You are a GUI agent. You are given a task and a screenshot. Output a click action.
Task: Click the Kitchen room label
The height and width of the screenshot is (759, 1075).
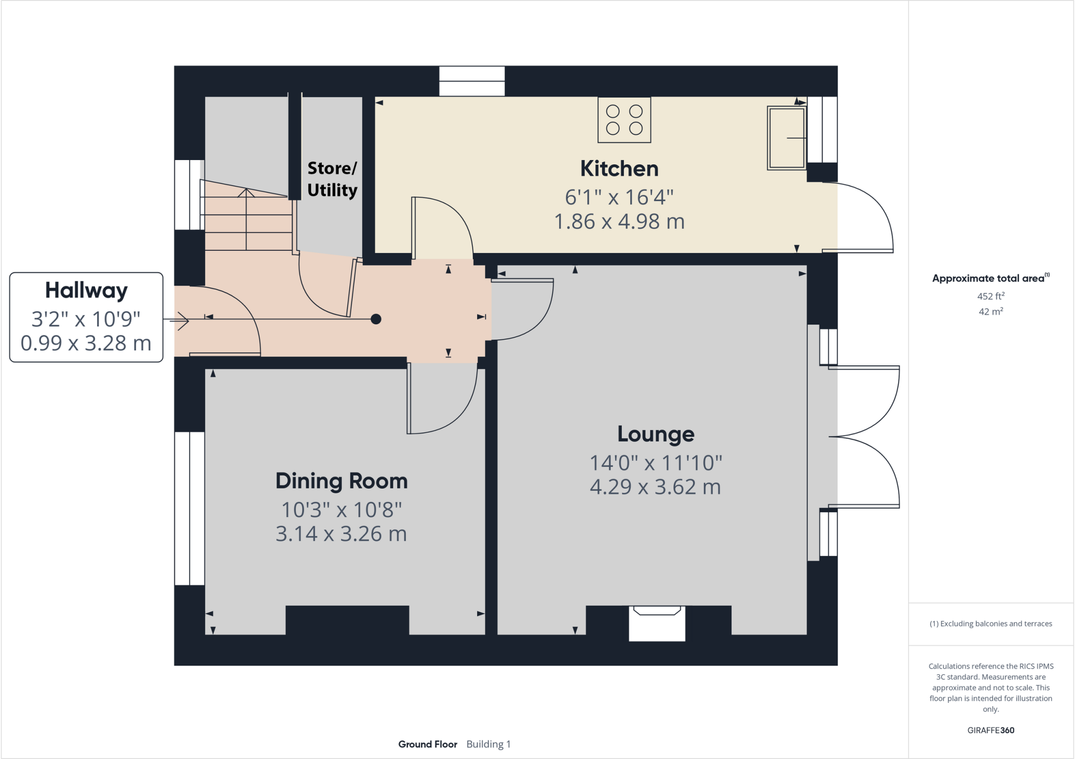point(619,169)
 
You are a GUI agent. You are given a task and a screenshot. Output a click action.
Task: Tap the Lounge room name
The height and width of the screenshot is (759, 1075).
point(656,434)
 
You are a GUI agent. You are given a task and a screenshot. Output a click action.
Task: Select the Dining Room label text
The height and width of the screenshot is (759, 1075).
point(341,481)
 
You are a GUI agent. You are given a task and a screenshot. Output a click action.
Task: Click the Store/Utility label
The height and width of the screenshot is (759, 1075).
point(332,179)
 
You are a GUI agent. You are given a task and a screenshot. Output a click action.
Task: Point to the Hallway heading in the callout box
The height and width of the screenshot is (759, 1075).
point(86,290)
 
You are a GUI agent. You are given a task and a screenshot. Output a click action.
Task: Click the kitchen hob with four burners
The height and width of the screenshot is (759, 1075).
point(624,120)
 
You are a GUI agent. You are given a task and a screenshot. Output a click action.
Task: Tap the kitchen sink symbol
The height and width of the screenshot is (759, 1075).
point(786,138)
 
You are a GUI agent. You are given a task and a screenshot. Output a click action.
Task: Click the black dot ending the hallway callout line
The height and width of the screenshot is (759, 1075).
point(376,319)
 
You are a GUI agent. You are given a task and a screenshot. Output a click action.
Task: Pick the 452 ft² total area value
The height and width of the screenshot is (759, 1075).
point(990,296)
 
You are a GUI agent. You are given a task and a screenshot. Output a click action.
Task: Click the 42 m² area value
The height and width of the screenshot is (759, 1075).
point(990,311)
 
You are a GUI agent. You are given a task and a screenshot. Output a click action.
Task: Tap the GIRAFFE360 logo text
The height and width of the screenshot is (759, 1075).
point(990,730)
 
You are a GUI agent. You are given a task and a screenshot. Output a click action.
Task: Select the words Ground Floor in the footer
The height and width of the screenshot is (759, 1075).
point(427,744)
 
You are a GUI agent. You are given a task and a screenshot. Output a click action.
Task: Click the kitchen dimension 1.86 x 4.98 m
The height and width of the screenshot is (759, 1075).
point(619,222)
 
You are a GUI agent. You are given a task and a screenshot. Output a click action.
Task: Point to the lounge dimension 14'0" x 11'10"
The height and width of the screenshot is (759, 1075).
point(656,463)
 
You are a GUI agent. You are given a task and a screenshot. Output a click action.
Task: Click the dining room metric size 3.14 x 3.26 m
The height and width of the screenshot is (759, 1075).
point(341,534)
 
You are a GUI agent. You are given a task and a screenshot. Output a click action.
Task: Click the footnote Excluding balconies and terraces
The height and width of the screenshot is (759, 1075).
point(990,624)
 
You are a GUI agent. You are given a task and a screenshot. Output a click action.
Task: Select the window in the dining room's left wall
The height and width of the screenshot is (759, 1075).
point(189,508)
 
